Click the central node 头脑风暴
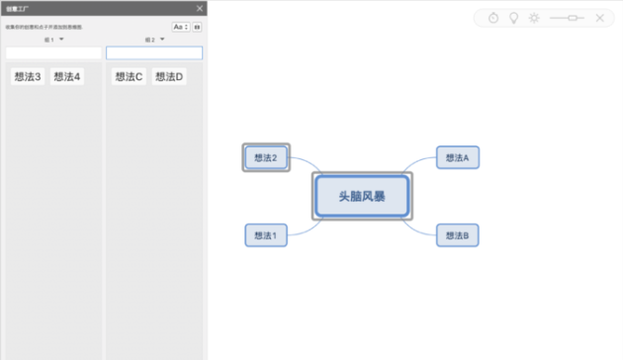(362, 197)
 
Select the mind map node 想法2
(266, 157)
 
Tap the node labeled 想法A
(457, 157)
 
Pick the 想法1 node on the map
(266, 235)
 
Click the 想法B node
(457, 235)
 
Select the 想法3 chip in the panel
(28, 76)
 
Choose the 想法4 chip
(66, 76)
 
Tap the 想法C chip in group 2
(129, 76)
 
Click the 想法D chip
(169, 76)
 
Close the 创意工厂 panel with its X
(200, 9)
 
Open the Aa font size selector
(180, 28)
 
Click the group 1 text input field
(53, 52)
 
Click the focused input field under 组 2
(154, 52)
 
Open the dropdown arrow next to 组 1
(61, 40)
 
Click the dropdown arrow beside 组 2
(162, 40)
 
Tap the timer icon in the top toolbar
(493, 18)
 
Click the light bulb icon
(513, 18)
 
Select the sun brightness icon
(534, 18)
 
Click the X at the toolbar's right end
(599, 18)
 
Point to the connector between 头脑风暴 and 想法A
(420, 165)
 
